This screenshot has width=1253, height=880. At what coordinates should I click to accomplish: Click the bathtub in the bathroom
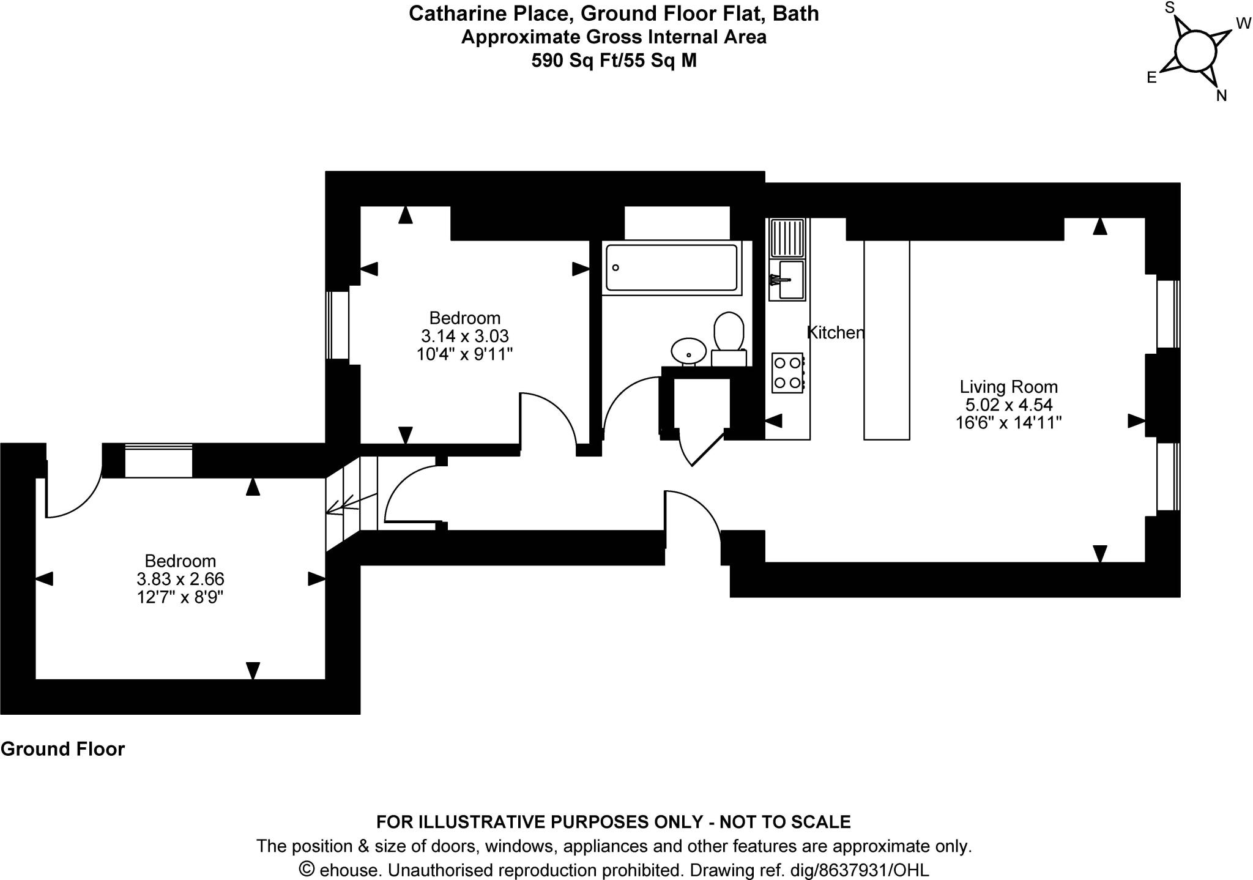click(x=671, y=267)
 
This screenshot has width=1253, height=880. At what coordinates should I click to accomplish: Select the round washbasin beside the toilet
click(x=689, y=351)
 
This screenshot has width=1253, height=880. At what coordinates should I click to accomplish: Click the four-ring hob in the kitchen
click(x=787, y=373)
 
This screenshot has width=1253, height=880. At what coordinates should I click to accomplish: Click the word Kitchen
click(x=835, y=332)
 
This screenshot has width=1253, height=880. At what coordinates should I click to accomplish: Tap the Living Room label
click(x=1008, y=387)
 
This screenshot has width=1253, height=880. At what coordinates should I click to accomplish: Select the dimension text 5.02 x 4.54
click(x=1008, y=405)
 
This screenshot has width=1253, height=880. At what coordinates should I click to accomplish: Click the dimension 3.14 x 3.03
click(x=465, y=336)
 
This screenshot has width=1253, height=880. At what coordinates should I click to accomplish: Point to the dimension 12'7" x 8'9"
click(x=180, y=597)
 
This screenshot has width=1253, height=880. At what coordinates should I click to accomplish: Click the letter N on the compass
click(x=1222, y=95)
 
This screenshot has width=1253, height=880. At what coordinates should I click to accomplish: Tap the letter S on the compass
click(x=1170, y=7)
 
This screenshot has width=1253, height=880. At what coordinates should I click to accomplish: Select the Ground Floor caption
click(x=62, y=749)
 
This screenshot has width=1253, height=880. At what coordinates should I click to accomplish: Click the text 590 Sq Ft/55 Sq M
click(x=614, y=61)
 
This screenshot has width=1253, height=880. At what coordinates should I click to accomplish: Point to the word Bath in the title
click(x=796, y=13)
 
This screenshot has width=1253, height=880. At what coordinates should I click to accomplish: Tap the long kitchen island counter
click(x=887, y=340)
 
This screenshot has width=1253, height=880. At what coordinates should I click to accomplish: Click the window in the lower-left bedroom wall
click(x=158, y=461)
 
